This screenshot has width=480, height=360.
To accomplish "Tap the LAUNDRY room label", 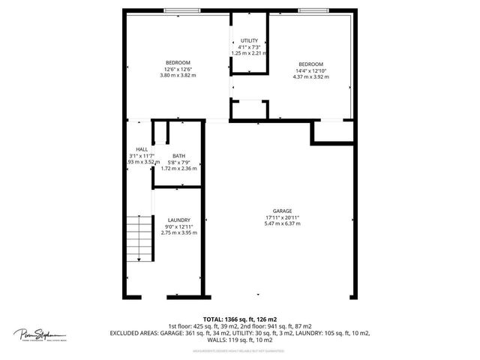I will coord(178,220).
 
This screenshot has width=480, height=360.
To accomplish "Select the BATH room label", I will coord(178,157).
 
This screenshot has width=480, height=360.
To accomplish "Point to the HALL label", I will coord(142,148).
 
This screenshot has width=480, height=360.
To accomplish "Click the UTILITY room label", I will coord(249,40).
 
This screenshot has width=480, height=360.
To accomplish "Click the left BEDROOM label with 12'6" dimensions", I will coord(178,62).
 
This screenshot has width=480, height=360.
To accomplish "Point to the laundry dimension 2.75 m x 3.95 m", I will coord(178,232).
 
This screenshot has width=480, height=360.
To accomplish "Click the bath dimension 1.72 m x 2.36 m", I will coord(178,169).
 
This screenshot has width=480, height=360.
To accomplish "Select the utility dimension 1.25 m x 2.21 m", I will coord(249,53).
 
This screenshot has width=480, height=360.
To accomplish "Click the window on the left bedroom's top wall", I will coord(182,10).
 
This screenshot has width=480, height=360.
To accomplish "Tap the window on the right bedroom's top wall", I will coord(313,10).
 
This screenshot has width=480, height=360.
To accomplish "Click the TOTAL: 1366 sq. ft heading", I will coord(239,319).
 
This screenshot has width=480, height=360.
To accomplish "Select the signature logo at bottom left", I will coord(40,334).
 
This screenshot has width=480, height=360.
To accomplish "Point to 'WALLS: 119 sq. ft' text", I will coord(239,340).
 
